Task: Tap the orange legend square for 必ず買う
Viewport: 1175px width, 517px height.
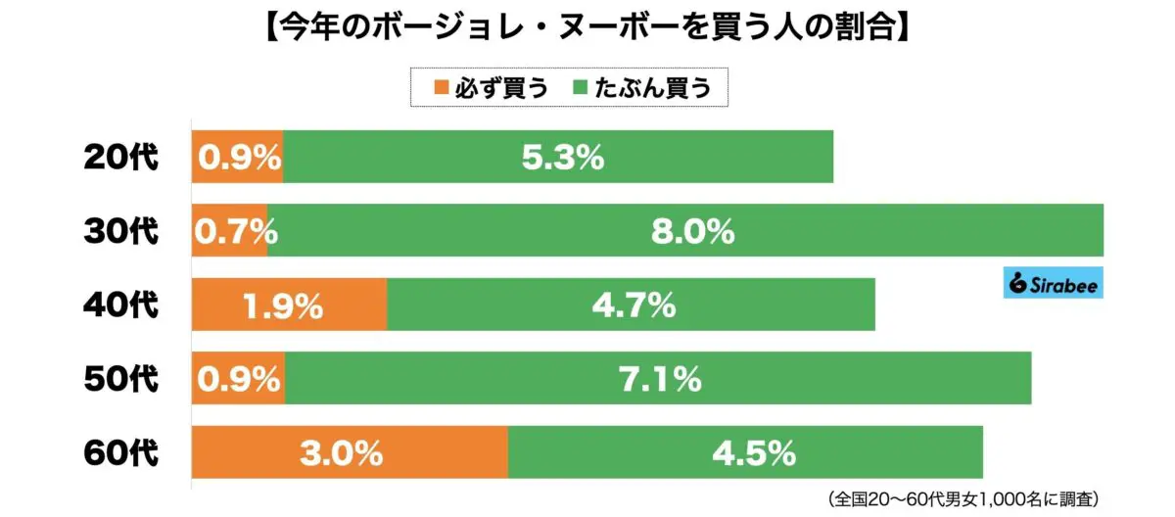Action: click(440, 88)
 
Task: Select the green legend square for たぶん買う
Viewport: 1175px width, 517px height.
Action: click(580, 88)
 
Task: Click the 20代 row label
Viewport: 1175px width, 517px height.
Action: click(118, 157)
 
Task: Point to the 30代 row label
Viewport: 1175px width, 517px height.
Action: click(118, 231)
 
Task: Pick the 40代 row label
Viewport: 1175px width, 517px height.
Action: click(118, 305)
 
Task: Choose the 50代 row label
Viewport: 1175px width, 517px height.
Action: click(118, 379)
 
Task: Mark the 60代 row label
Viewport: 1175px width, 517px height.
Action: click(118, 453)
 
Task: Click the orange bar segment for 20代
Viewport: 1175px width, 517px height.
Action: click(237, 157)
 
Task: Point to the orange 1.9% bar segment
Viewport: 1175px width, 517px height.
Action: click(289, 305)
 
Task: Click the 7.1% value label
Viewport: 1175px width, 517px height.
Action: click(659, 379)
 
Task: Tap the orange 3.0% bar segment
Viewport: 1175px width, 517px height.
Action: click(350, 453)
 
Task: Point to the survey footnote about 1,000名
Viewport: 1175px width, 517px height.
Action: click(969, 498)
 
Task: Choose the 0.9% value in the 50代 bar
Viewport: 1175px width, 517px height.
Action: click(238, 379)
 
